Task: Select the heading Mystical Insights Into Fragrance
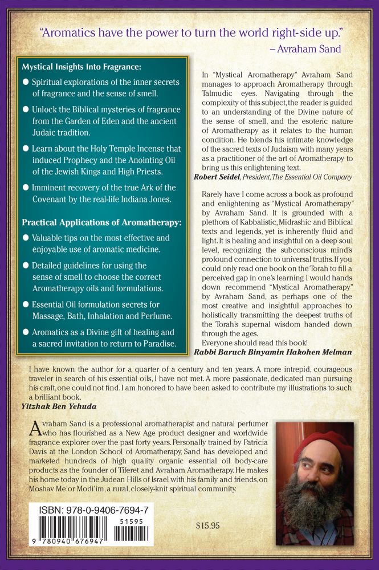point(78,66)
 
